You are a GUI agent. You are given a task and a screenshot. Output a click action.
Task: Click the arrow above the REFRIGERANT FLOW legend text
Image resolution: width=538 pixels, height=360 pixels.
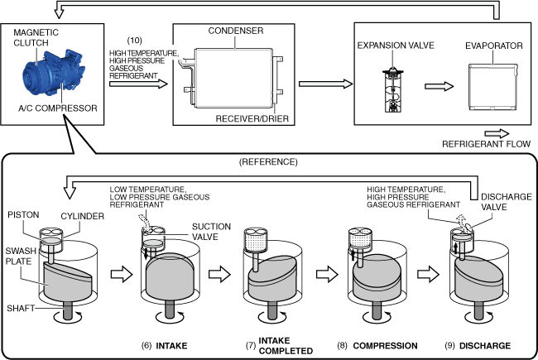coord(497,132)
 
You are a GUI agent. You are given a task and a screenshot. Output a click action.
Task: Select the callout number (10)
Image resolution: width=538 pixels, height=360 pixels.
coord(137,41)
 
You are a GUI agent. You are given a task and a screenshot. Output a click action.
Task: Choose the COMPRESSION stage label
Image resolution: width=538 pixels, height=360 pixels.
coord(385,345)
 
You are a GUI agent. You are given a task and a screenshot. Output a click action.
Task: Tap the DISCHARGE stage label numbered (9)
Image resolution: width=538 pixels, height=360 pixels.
coord(486,345)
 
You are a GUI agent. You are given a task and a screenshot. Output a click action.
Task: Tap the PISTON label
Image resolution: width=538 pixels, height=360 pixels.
coord(22,215)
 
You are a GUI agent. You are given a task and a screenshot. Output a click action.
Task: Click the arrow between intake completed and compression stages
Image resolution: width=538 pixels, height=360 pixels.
coord(326,272)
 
